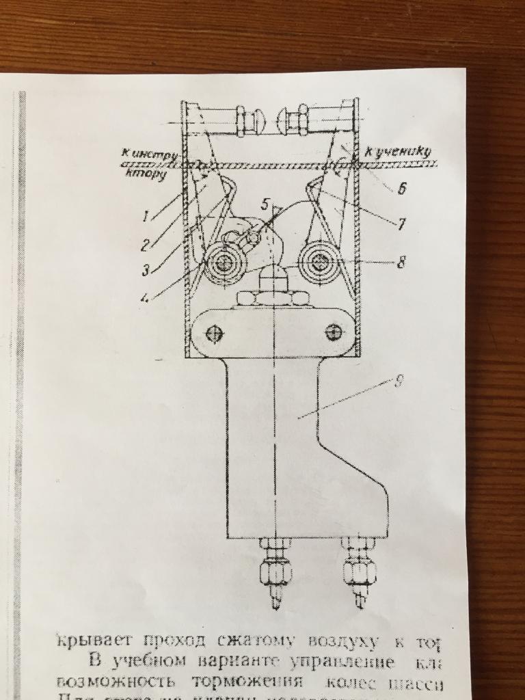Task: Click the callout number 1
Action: [x=146, y=217]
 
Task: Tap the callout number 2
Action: [x=146, y=243]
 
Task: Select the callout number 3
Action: [x=145, y=270]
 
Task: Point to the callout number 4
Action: [x=146, y=297]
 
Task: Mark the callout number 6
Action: [x=401, y=189]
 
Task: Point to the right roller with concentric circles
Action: [x=319, y=261]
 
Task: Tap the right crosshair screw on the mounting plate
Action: [x=334, y=332]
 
